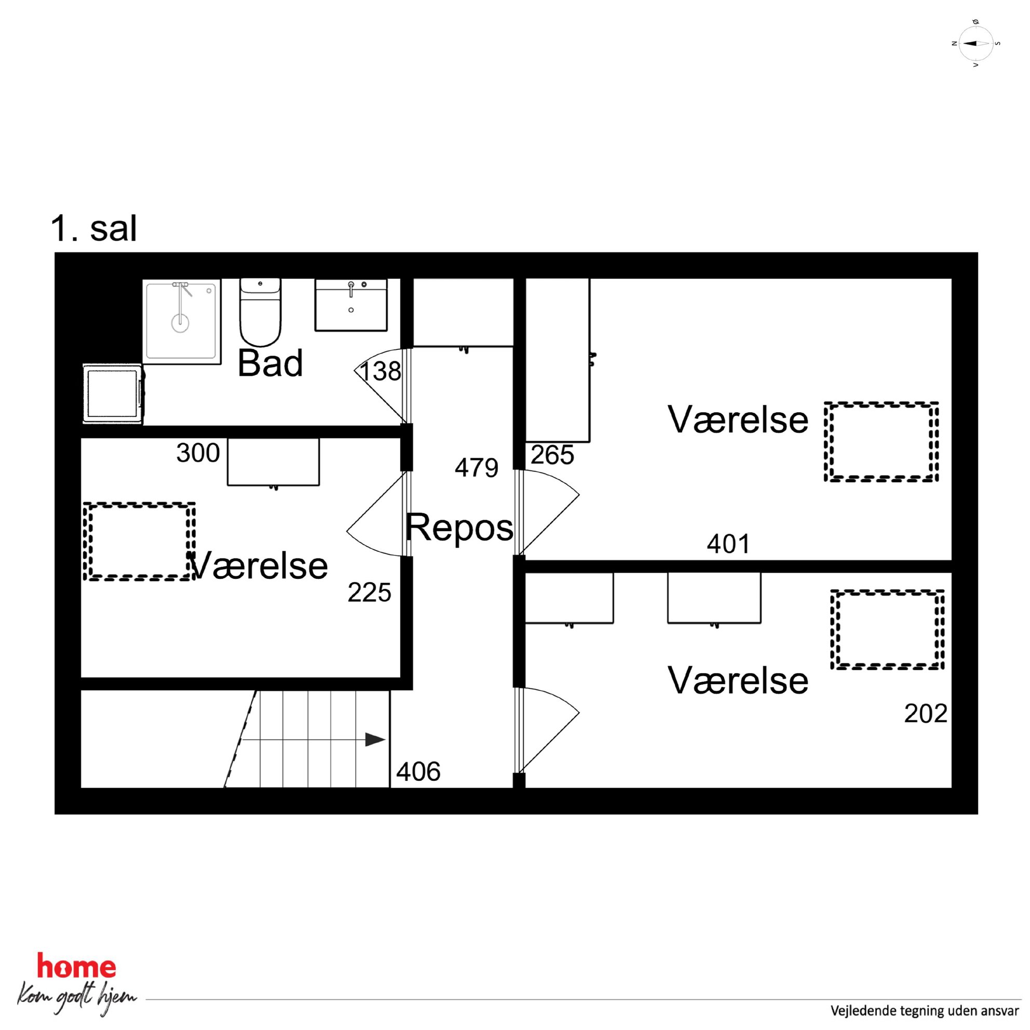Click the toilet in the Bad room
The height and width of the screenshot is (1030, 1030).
tap(260, 312)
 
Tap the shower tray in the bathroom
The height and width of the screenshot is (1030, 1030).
tap(181, 321)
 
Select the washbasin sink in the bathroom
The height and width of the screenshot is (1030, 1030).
tap(351, 305)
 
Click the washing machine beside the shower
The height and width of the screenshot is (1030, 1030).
tap(113, 394)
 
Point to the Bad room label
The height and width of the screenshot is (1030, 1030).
tap(270, 363)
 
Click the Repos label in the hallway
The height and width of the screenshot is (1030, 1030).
tap(459, 528)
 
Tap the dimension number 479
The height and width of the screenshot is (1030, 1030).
tap(476, 468)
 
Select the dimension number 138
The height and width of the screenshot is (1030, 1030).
tap(380, 372)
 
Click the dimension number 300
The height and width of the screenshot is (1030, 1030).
tap(198, 453)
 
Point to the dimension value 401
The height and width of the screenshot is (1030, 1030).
tap(728, 544)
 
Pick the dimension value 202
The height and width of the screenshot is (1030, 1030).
tap(926, 714)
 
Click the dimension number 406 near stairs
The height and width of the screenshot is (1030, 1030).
tap(418, 772)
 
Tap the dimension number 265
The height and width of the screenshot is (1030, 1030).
tap(552, 455)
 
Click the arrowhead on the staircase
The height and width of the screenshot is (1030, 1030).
tap(375, 739)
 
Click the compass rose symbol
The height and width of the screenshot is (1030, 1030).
tap(975, 44)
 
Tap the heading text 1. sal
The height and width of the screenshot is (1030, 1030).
tap(94, 229)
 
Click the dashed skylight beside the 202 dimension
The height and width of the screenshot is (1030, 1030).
tap(888, 629)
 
